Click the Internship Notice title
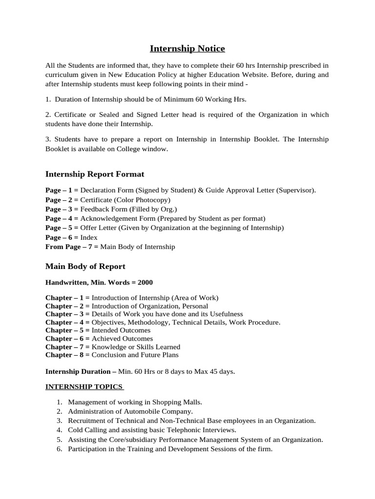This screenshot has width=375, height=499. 187,49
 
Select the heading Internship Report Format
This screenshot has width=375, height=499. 95,174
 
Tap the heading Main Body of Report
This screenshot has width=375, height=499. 85,267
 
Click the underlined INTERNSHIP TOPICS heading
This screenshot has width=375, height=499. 84,387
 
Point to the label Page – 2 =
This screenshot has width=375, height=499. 62,200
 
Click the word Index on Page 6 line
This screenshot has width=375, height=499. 89,238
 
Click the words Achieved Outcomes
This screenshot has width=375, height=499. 122,339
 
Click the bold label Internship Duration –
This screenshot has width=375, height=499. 81,372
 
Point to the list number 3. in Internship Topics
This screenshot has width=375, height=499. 59,421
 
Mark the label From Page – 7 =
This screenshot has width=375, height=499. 72,247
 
